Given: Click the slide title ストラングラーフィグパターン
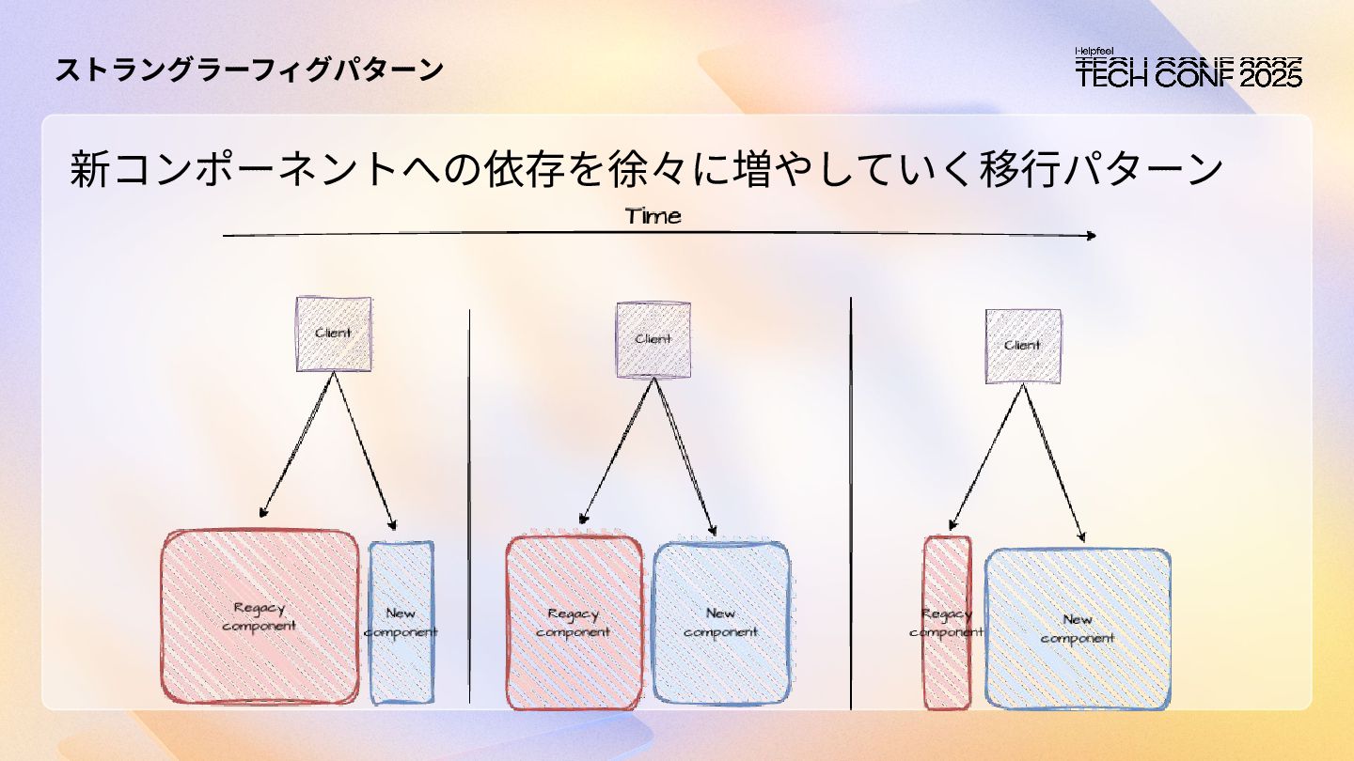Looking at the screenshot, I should tap(249, 70).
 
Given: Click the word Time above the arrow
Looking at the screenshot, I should tap(653, 216).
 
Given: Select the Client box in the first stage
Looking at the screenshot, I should tap(334, 334).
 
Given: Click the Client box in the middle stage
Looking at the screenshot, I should tap(653, 339).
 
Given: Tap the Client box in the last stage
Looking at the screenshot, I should tap(1022, 346).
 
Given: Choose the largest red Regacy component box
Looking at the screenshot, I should tap(260, 616).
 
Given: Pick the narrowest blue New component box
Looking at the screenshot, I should tap(401, 622).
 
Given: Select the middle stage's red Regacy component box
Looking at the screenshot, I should tap(574, 623).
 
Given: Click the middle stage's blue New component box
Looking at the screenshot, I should tap(720, 623).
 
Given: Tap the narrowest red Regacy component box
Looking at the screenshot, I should tap(946, 622).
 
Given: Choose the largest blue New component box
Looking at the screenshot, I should tap(1078, 628).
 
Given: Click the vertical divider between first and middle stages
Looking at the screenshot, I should tap(469, 507).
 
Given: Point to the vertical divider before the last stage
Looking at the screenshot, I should tap(851, 507).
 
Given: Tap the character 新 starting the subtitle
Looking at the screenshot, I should tap(90, 170).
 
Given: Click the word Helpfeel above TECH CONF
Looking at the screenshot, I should tap(1094, 52).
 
